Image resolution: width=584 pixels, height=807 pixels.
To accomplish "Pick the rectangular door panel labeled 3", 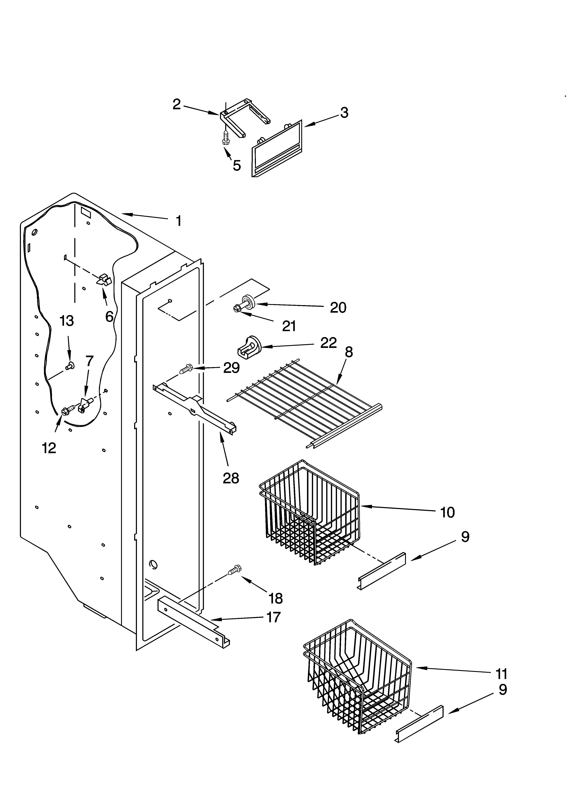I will pos(277,149).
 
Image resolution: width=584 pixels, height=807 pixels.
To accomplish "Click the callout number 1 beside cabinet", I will pos(179,221).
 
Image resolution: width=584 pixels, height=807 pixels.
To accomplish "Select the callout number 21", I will pos(289,326).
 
